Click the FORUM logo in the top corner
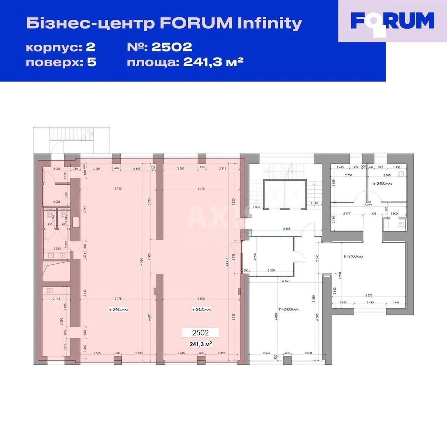393,21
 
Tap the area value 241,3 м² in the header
213,62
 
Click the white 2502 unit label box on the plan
200,333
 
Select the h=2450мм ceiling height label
201,309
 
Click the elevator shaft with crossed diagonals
285,194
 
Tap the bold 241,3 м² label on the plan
201,344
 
